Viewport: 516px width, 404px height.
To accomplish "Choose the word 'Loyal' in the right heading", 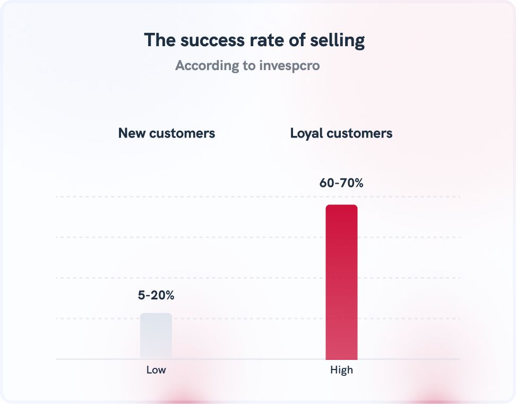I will point(306,133).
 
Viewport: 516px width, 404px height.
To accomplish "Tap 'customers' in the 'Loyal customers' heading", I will point(359,133).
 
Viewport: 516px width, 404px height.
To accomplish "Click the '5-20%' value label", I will point(156,296).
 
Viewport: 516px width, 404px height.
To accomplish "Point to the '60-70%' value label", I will point(341,183).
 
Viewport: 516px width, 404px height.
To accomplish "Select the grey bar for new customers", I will point(156,336).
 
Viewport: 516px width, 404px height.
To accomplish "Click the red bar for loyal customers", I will point(341,281).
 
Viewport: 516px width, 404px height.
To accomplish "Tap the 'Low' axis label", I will point(156,370).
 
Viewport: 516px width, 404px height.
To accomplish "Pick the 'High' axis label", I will point(341,370).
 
